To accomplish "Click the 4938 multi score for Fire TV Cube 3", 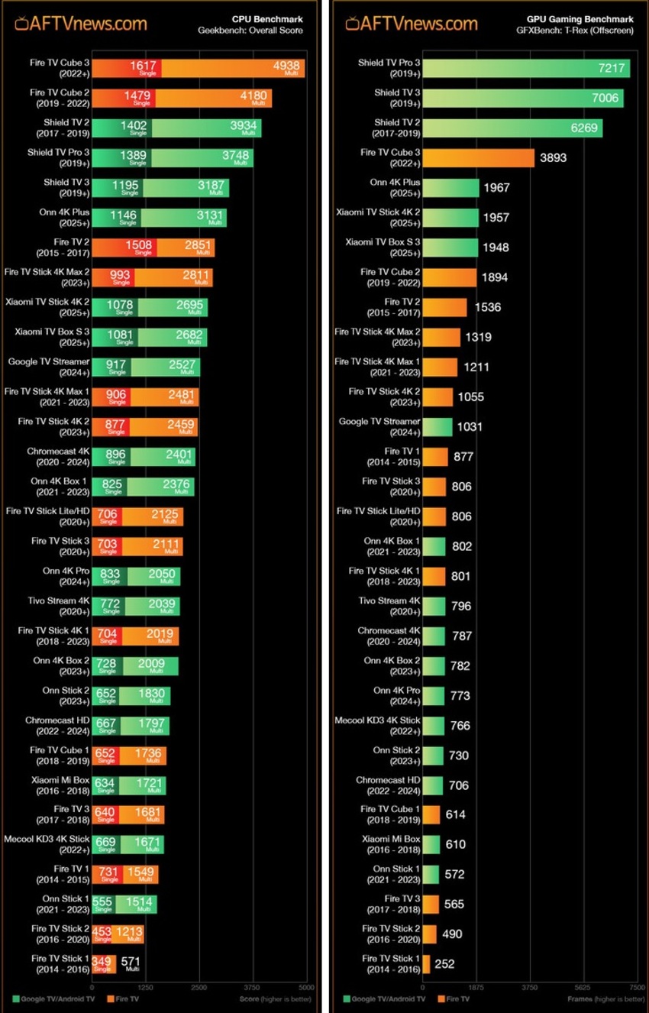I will (x=286, y=66).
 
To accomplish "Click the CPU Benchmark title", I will (x=267, y=19).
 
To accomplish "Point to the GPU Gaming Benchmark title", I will (x=580, y=19).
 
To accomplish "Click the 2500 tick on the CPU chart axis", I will (x=199, y=987).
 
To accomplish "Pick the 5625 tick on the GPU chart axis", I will (x=583, y=987).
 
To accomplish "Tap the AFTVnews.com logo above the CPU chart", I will (x=80, y=23).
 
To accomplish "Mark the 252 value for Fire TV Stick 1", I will (x=444, y=964).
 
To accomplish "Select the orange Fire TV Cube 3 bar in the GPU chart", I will (x=478, y=158).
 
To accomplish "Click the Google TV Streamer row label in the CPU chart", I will (x=49, y=367).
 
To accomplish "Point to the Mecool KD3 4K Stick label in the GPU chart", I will (x=378, y=725).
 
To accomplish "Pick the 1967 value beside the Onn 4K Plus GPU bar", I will (x=496, y=188).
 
